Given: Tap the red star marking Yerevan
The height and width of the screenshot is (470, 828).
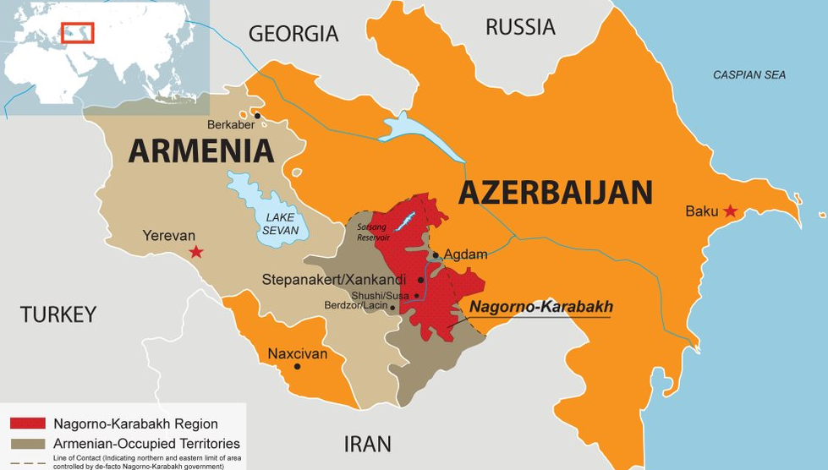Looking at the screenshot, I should (x=196, y=251).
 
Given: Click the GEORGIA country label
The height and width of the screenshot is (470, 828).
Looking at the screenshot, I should (x=293, y=34).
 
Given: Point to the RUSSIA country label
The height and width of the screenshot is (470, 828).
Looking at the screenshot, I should (x=520, y=27).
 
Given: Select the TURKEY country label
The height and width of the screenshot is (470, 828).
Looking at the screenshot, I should (x=58, y=314).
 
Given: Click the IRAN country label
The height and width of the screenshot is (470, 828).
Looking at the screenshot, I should (x=368, y=444).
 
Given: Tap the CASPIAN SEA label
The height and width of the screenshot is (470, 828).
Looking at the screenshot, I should (x=748, y=75).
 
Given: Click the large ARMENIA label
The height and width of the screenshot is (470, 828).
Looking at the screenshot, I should (x=201, y=151).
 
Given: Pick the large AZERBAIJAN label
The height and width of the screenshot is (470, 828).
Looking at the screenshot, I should (x=556, y=193).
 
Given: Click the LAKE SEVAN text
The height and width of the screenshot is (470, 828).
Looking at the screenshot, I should (x=279, y=223).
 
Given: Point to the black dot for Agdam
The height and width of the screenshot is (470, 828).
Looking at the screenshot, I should (x=436, y=254).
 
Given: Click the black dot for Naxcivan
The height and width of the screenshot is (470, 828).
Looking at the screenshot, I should (x=297, y=366).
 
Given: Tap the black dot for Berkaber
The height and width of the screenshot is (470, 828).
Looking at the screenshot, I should (x=257, y=117).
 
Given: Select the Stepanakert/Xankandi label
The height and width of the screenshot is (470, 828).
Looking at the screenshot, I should (x=334, y=279).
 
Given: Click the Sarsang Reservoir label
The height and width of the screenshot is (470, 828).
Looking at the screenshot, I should (x=373, y=232).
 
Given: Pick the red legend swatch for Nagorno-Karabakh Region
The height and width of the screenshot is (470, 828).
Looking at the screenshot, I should (x=27, y=424).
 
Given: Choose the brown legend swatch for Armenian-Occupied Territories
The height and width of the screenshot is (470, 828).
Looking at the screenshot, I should (x=27, y=443).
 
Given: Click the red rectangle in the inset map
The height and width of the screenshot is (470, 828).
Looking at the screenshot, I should (x=78, y=33).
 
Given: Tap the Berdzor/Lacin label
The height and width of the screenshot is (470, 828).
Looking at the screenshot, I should (x=354, y=305).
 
